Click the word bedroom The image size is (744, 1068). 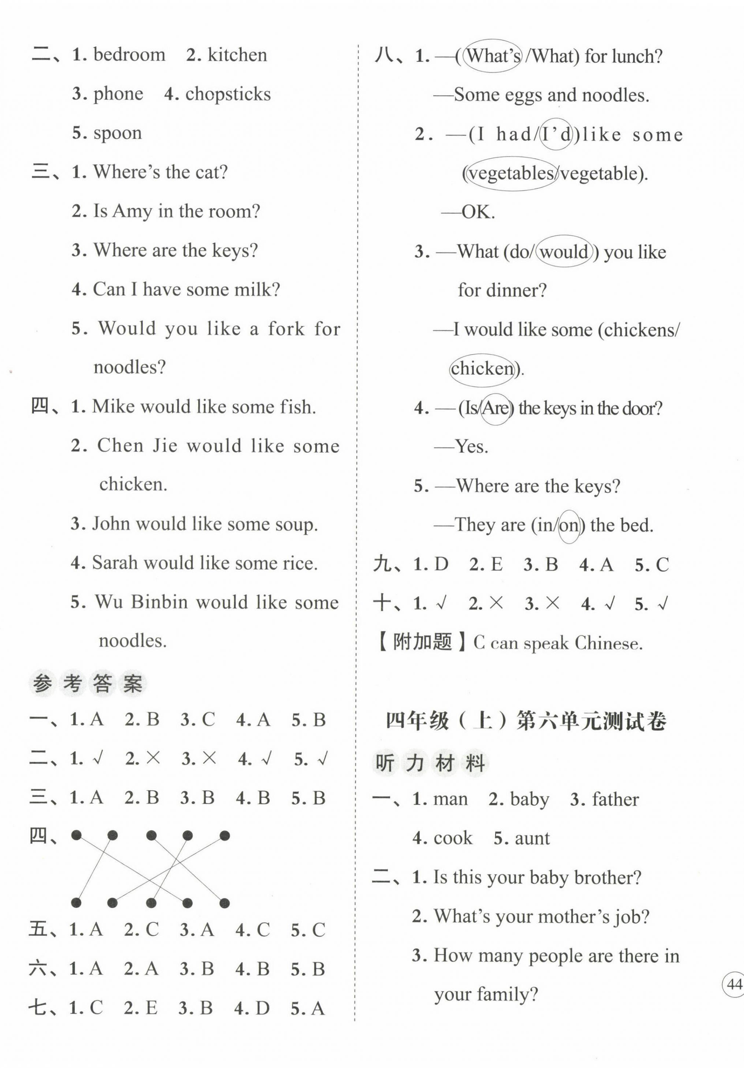[129, 55]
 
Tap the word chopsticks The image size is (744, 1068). [228, 95]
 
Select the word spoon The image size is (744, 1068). [118, 134]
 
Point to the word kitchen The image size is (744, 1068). [237, 55]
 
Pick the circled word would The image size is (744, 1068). [564, 252]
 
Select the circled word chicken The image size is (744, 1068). [482, 369]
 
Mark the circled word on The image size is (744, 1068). [569, 526]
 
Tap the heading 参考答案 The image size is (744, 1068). [88, 684]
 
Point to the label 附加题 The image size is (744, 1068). [422, 643]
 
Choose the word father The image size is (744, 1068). [615, 799]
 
